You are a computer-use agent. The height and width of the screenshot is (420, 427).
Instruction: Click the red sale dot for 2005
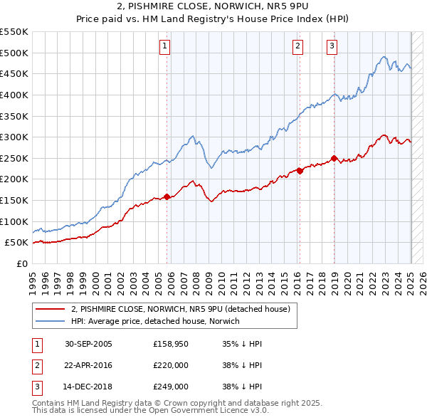tap(167, 196)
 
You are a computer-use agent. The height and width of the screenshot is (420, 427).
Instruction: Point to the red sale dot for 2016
tap(300, 171)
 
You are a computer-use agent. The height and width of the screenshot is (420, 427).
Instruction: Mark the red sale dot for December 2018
tap(334, 159)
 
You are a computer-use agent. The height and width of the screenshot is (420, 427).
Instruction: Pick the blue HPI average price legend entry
tap(155, 322)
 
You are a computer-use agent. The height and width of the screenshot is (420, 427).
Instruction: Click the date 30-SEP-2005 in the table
tap(88, 344)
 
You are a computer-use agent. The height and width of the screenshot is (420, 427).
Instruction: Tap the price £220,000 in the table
tap(172, 365)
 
